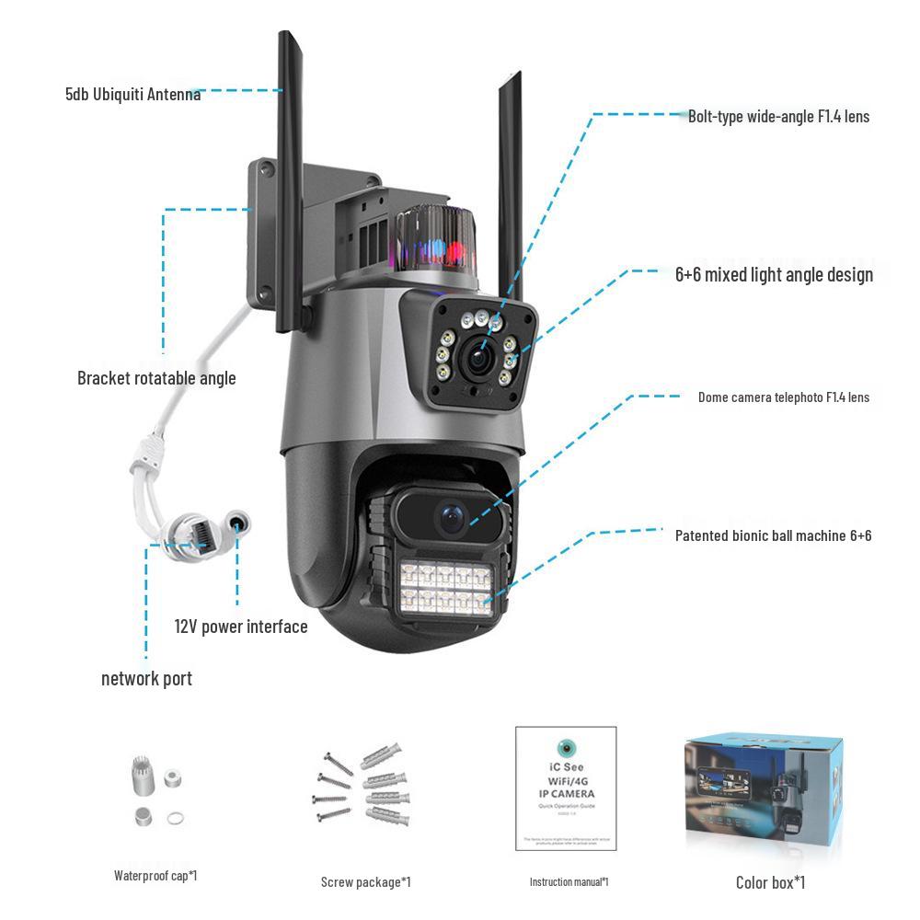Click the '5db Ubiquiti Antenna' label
(x=132, y=94)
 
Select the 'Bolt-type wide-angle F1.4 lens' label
(x=778, y=117)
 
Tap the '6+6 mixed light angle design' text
(x=774, y=275)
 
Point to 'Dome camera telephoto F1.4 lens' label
(x=783, y=397)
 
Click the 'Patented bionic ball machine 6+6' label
(x=773, y=535)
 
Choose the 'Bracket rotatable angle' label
(x=156, y=378)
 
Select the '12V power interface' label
(x=241, y=627)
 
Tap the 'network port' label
(x=146, y=679)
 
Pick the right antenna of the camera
(x=510, y=184)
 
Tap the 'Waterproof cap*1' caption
(x=155, y=876)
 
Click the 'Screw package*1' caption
(x=365, y=882)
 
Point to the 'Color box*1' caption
(x=770, y=883)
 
